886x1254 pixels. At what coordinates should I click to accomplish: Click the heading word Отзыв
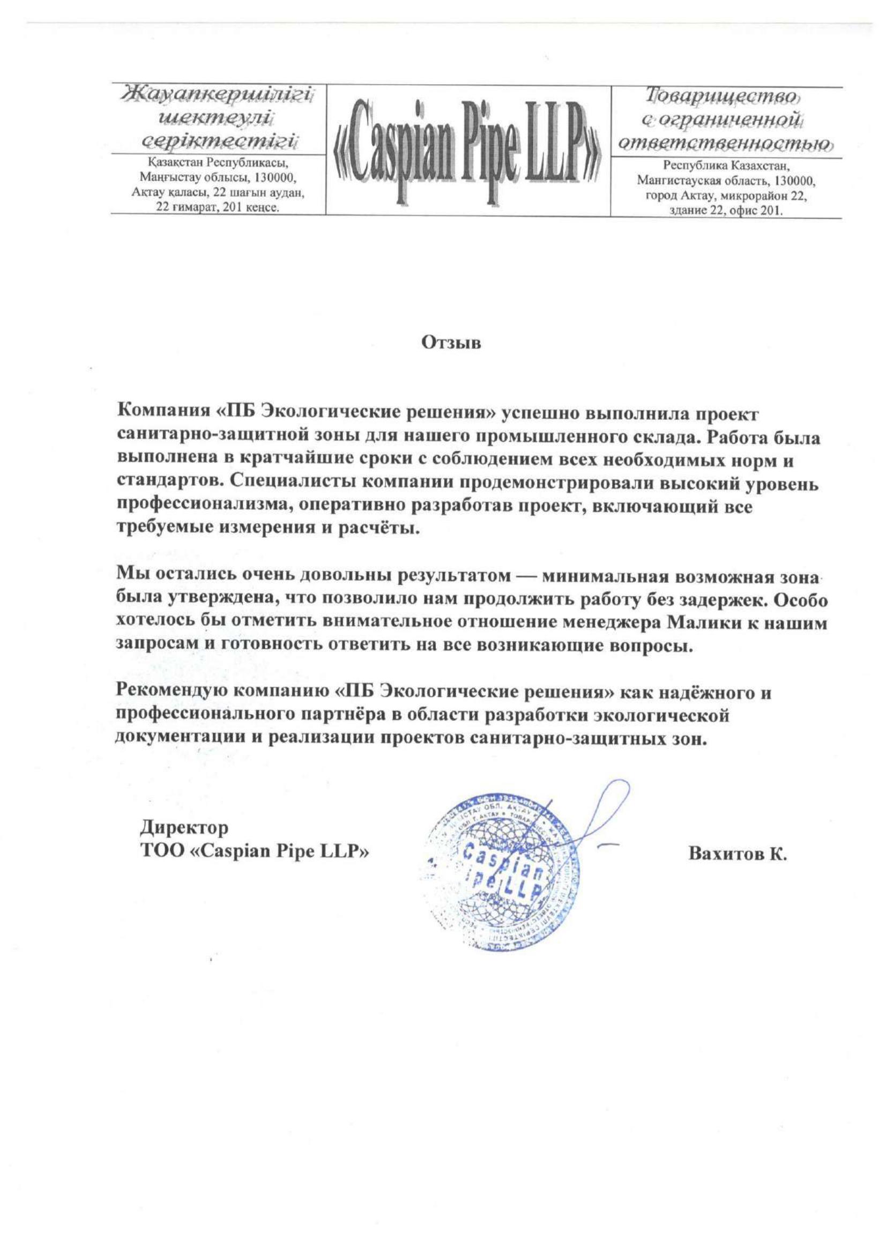pos(451,343)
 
